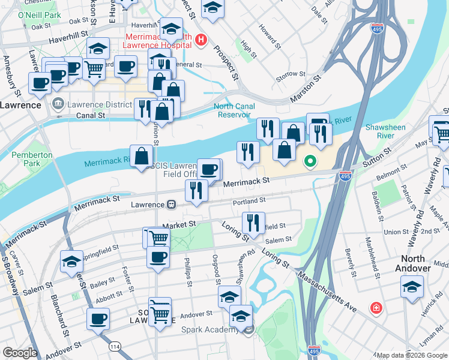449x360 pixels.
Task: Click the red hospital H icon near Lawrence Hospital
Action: coord(202,40)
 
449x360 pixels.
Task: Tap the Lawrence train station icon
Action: coord(171,205)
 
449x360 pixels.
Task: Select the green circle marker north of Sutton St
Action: coord(310,161)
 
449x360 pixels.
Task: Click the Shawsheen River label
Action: coord(385,131)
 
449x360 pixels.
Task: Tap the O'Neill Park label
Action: coord(40,14)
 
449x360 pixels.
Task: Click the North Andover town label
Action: coord(413,263)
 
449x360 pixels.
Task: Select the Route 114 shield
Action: coord(113,346)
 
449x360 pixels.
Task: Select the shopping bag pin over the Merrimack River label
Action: coord(141,156)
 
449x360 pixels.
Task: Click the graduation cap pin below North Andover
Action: coord(412,287)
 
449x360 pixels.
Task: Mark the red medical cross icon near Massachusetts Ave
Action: coord(376,308)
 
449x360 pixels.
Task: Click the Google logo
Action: coord(19,353)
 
